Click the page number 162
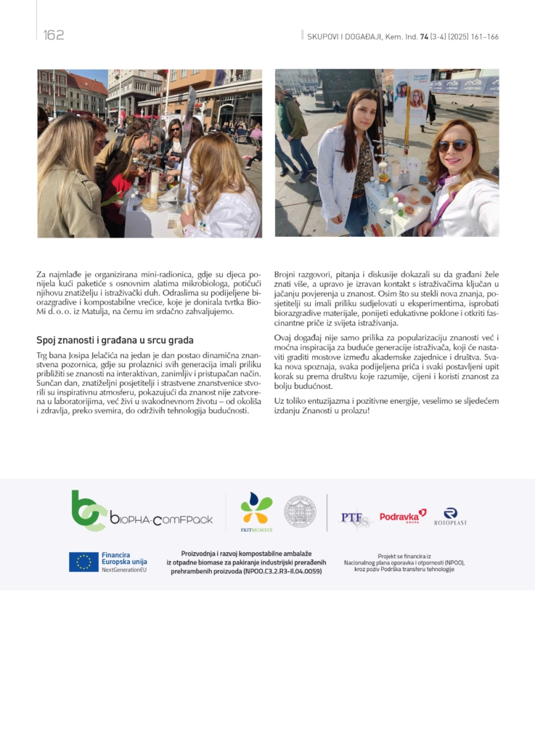[54, 36]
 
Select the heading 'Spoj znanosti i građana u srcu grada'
[115, 340]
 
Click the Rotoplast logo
[450, 517]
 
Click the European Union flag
[83, 562]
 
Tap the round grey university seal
[299, 511]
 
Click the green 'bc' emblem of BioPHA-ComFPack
[89, 510]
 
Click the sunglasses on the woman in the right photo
[454, 145]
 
